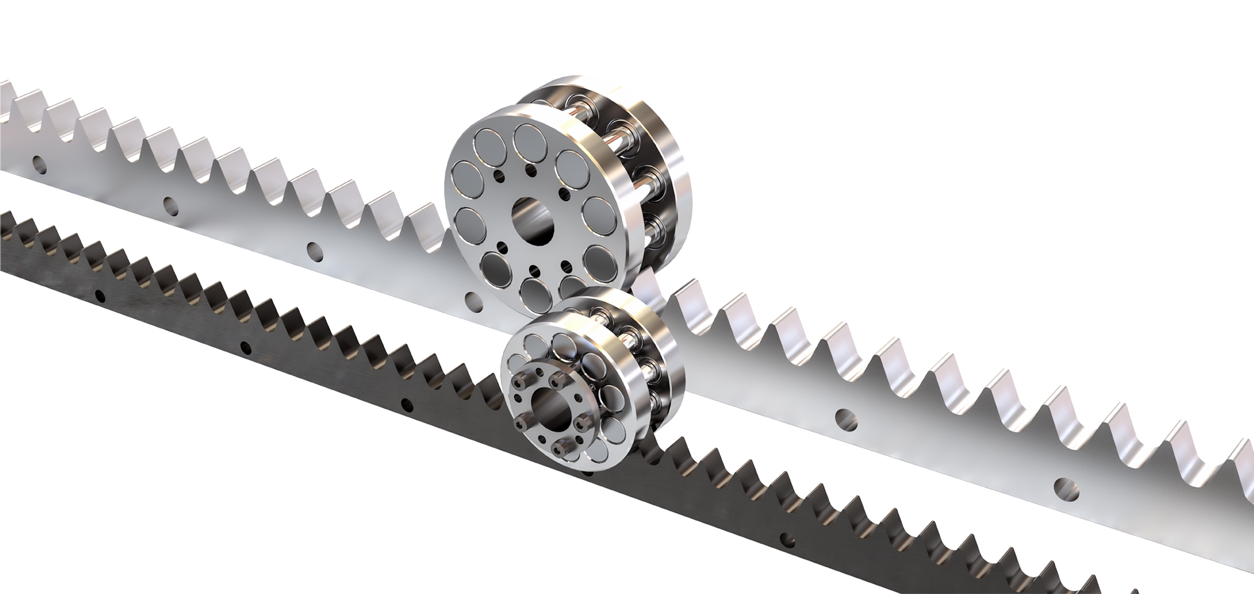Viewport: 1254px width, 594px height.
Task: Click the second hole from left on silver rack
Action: (171, 204)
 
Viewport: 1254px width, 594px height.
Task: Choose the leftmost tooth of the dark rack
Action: (8, 219)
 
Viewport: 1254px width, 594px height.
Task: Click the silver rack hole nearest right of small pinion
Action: (846, 417)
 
